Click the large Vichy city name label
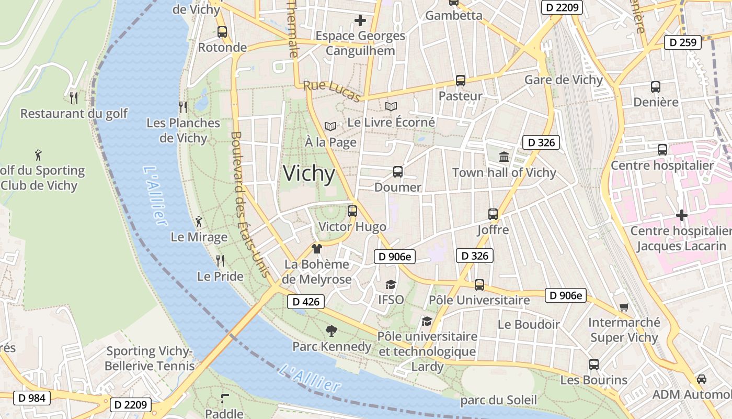pyautogui.click(x=309, y=173)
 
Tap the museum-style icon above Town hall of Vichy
pyautogui.click(x=504, y=157)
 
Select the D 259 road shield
pyautogui.click(x=682, y=42)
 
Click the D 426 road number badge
pyautogui.click(x=306, y=302)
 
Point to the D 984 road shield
pyautogui.click(x=32, y=398)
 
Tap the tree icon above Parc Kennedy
pyautogui.click(x=331, y=330)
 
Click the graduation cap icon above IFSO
pyautogui.click(x=391, y=284)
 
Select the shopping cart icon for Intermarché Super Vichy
pyautogui.click(x=624, y=307)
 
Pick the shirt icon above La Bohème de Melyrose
pyautogui.click(x=316, y=249)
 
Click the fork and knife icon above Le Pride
pyautogui.click(x=220, y=260)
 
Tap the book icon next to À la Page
pyautogui.click(x=330, y=126)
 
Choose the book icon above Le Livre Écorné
pyautogui.click(x=391, y=106)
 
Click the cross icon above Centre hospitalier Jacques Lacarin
pyautogui.click(x=681, y=215)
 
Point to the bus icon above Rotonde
pyautogui.click(x=222, y=31)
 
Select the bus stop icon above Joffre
pyautogui.click(x=493, y=214)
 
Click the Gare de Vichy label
pyautogui.click(x=563, y=80)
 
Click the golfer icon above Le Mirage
pyautogui.click(x=199, y=221)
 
